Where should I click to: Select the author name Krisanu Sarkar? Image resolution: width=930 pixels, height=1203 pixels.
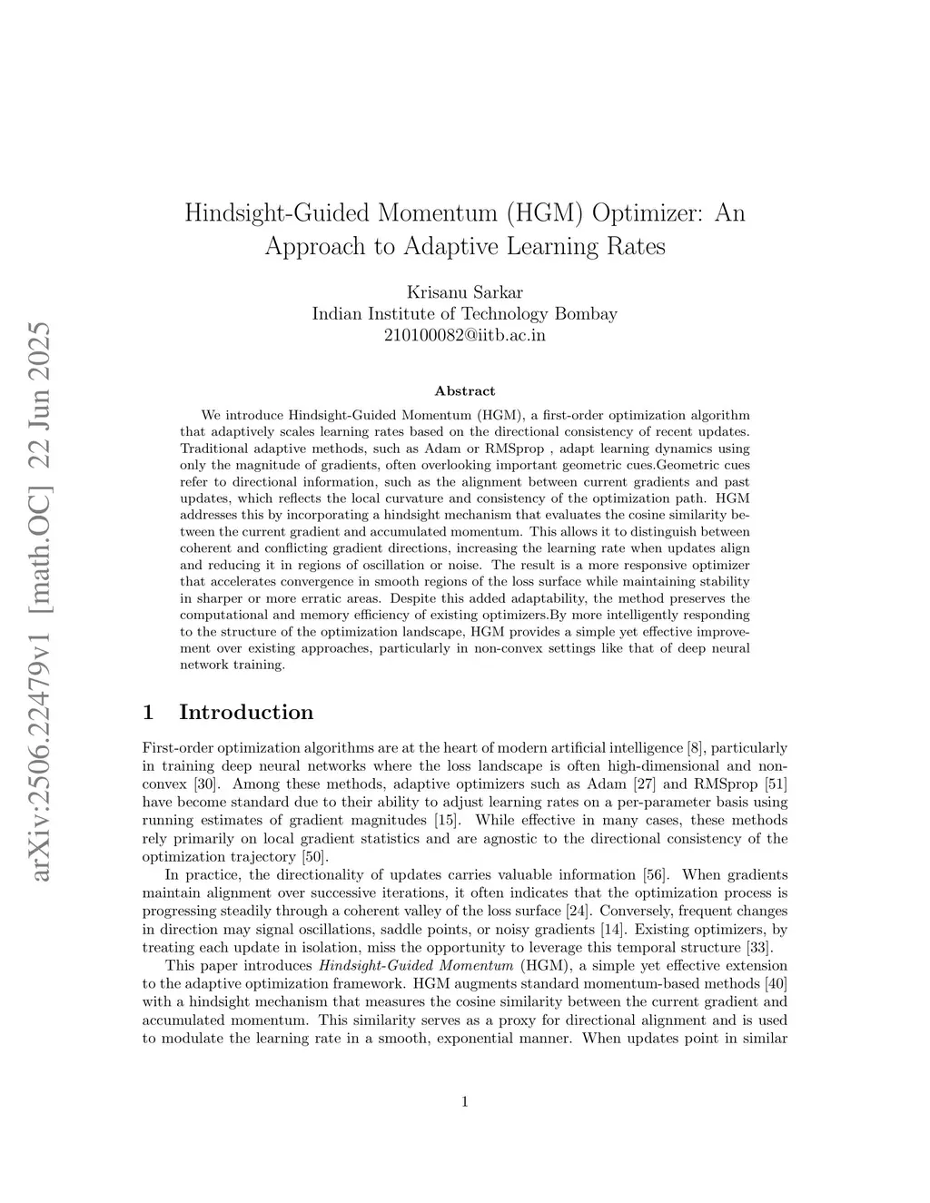coord(464,292)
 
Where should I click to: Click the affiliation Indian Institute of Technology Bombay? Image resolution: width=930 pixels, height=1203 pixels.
coord(464,313)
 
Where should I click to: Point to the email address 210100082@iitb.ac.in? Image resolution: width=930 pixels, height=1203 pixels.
coord(464,334)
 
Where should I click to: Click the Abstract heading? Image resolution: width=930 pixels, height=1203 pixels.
coord(465,390)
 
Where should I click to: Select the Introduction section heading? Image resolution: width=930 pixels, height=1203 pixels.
coord(246,712)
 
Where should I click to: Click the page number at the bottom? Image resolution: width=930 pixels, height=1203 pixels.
coord(465,1102)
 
